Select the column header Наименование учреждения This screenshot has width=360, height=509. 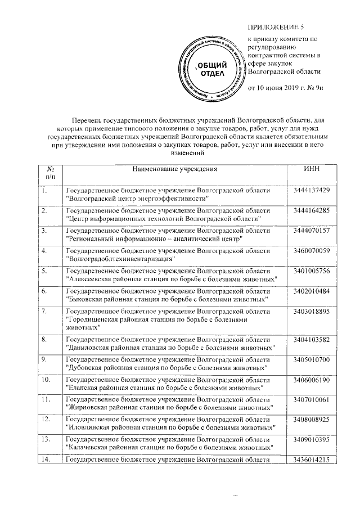[x=174, y=169]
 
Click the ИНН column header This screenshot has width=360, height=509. [x=311, y=169]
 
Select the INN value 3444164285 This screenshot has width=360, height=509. [x=311, y=210]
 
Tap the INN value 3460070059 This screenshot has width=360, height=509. [x=311, y=250]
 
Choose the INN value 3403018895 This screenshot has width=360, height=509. [x=311, y=311]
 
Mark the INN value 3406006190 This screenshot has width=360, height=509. [x=311, y=380]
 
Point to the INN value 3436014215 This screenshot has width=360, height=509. [x=311, y=460]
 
